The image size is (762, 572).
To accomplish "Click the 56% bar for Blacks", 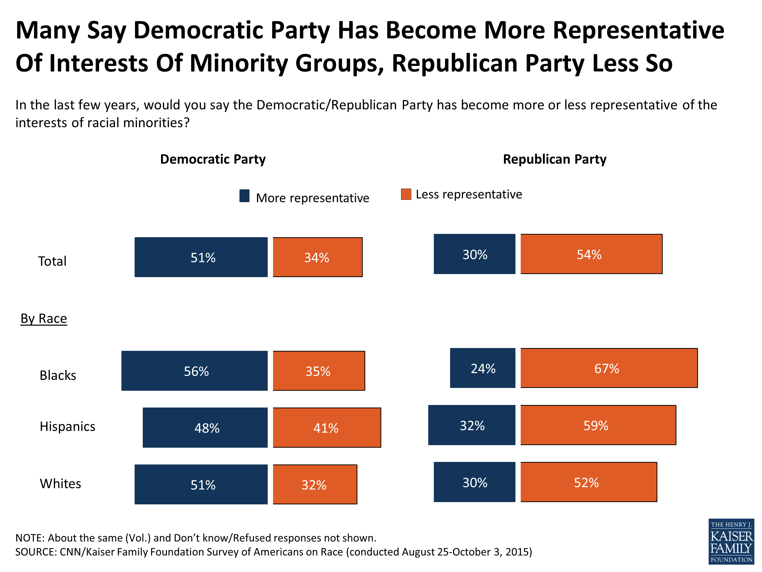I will tap(194, 371).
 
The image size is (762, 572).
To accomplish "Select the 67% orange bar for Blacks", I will tap(609, 368).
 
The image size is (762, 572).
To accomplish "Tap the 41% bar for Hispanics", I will tap(327, 428).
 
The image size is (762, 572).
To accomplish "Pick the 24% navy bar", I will tap(482, 368).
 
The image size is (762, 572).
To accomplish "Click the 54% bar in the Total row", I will tap(591, 254).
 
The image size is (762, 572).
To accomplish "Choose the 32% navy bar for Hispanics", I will tap(472, 425).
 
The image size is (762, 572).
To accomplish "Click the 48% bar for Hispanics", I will tap(205, 428).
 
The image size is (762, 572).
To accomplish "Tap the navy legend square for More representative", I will tap(244, 196).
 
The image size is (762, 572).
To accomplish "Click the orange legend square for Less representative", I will tap(406, 194).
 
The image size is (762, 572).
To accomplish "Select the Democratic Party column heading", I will tap(213, 159).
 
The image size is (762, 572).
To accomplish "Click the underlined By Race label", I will tap(44, 318).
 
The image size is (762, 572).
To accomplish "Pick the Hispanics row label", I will tap(68, 427).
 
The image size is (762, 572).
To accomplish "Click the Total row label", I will tap(52, 261).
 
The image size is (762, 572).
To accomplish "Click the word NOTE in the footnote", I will tap(30, 538).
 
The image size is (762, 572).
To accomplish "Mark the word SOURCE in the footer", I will tap(36, 552).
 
